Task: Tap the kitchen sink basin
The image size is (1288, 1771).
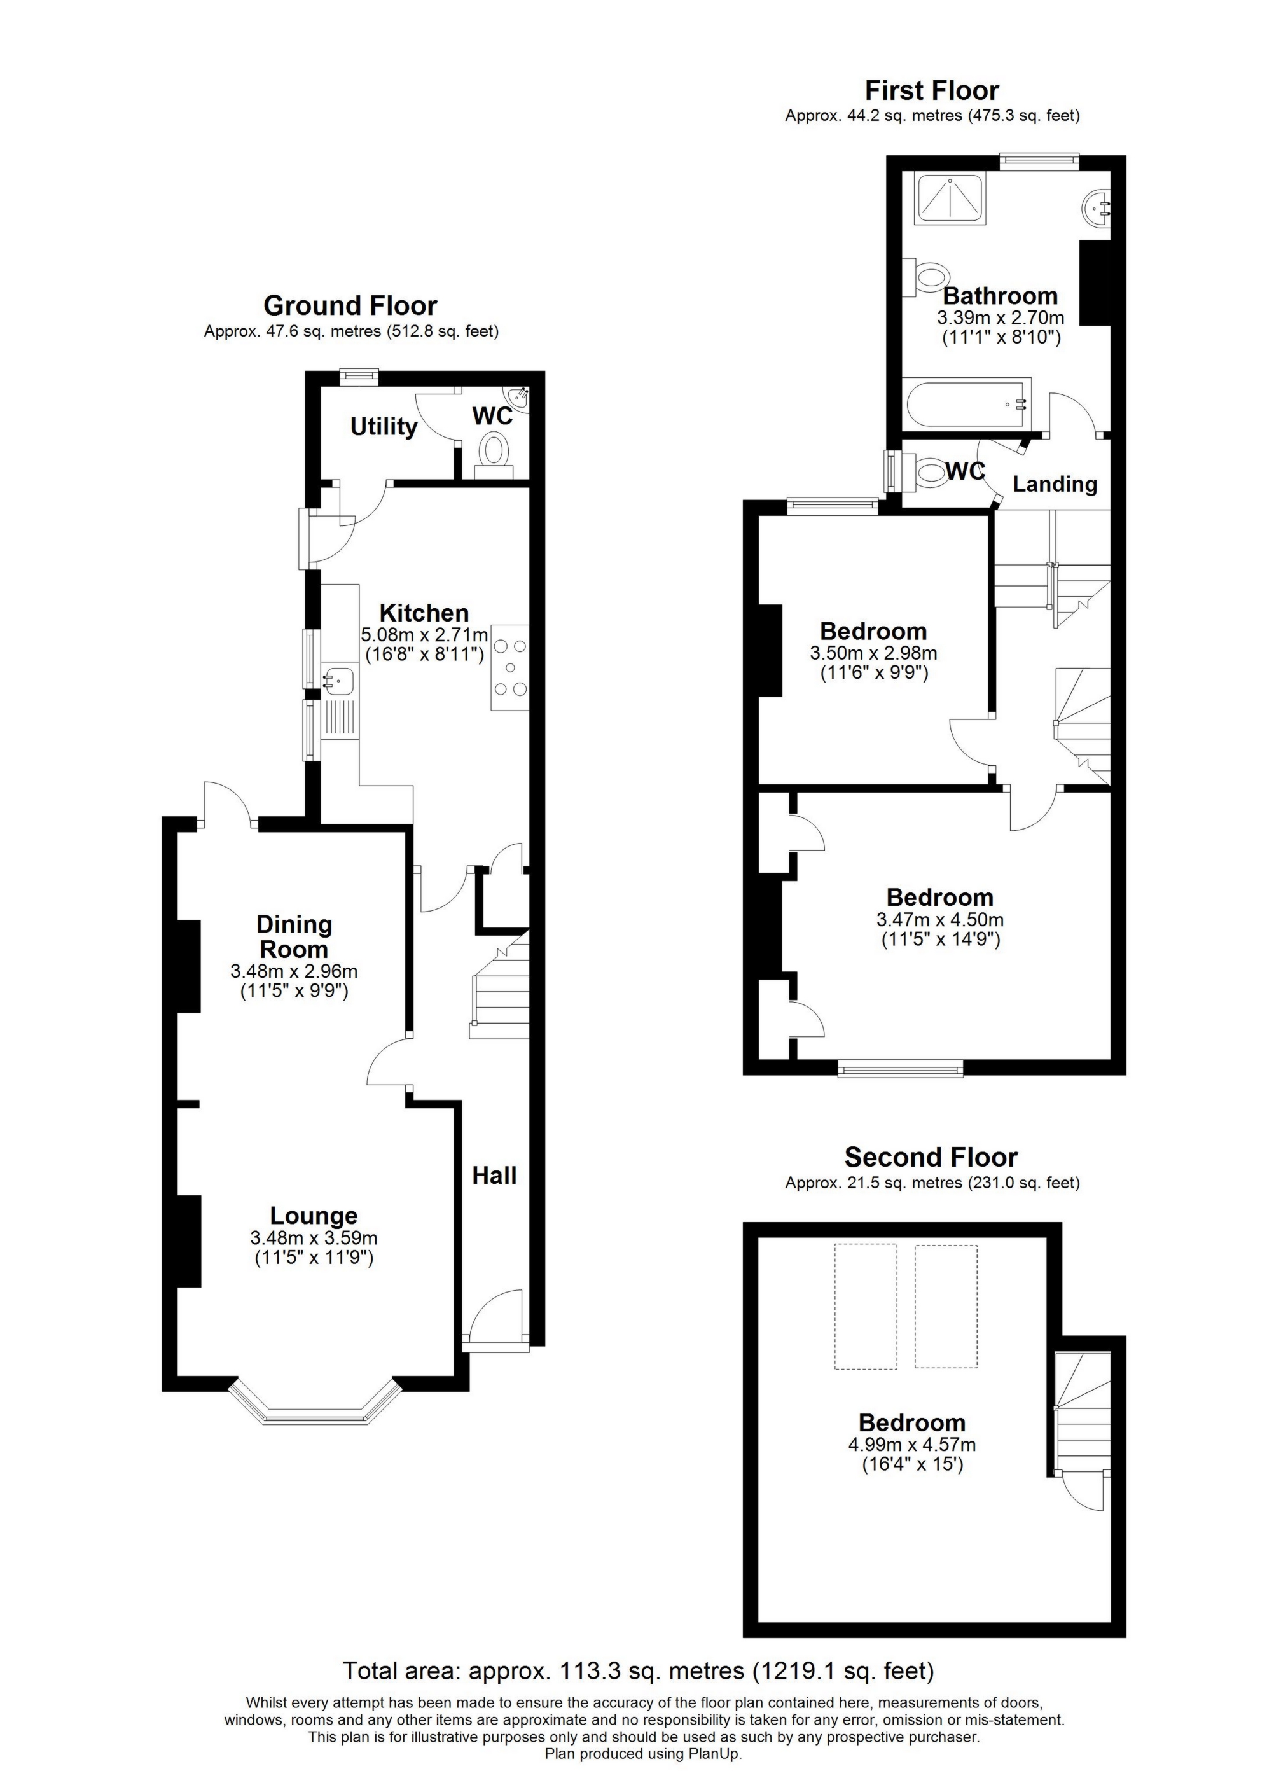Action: tap(340, 680)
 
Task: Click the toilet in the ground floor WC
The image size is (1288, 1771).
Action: tap(494, 452)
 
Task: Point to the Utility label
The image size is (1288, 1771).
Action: tap(384, 426)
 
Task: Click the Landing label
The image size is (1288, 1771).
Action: tap(1055, 484)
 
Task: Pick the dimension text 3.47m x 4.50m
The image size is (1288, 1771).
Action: tap(940, 920)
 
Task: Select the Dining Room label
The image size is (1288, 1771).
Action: tap(294, 937)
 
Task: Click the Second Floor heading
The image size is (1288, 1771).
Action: tap(931, 1157)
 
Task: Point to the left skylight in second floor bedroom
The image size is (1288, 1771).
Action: tap(865, 1307)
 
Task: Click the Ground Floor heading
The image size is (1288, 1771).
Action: tap(350, 305)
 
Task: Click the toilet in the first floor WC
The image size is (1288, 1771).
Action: tap(930, 473)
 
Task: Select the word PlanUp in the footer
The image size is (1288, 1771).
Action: tap(715, 1754)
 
